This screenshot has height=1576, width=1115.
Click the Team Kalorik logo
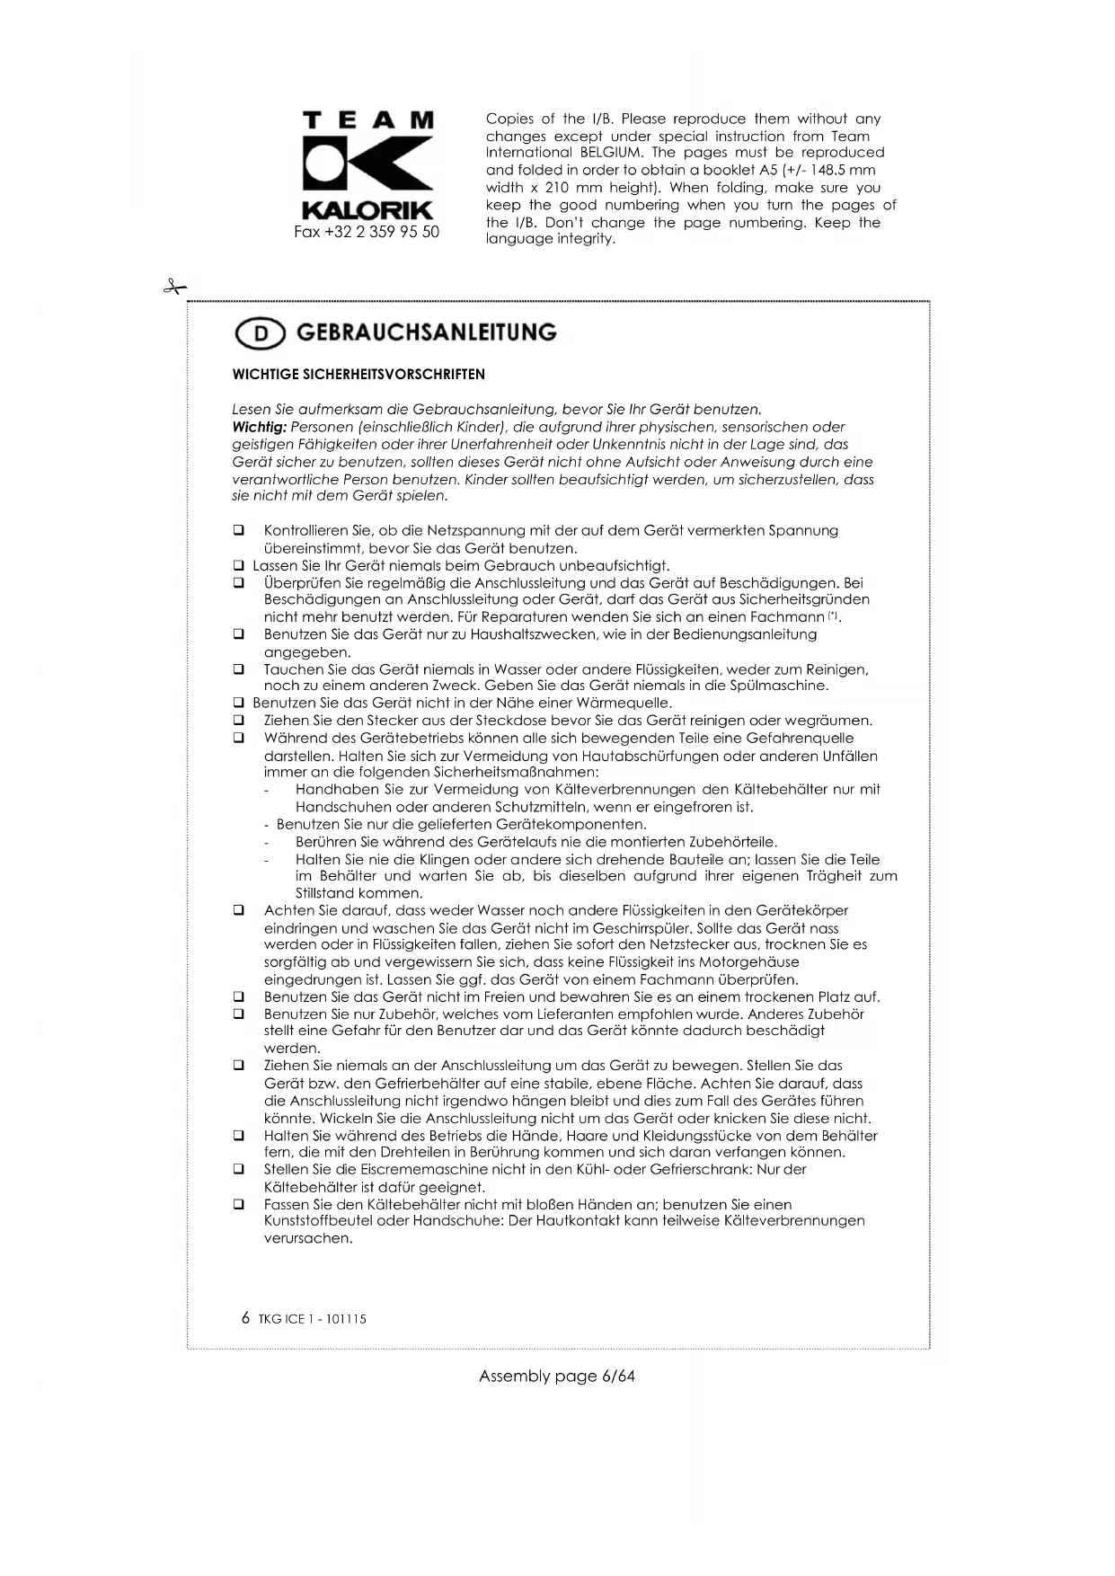[368, 166]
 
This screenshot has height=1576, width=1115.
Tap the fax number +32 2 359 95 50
[367, 232]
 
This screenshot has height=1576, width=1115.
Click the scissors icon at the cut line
[174, 288]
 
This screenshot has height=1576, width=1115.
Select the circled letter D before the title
[260, 334]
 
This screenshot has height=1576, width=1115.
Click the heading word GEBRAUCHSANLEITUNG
[426, 332]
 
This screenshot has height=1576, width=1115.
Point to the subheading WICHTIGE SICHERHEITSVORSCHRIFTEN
[358, 375]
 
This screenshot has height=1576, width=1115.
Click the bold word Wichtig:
[259, 427]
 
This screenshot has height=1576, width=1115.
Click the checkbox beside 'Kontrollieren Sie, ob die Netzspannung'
[239, 531]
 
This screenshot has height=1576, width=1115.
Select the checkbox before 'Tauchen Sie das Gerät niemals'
[239, 669]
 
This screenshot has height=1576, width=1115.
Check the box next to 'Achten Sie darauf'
[239, 910]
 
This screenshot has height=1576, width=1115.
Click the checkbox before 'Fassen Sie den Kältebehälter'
[239, 1204]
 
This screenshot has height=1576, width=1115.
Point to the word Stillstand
[325, 894]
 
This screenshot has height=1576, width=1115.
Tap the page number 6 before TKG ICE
[246, 1318]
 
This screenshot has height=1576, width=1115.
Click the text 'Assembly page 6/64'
[557, 1377]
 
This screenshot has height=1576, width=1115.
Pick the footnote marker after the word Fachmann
[833, 615]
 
